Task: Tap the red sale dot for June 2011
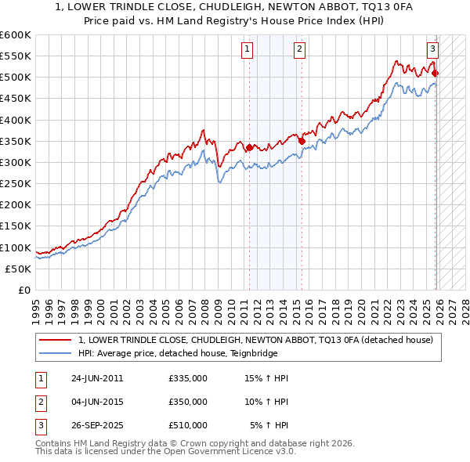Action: pos(249,147)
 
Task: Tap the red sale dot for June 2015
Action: pos(301,141)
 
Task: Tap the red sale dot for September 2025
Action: pos(436,74)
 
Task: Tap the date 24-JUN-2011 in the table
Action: pos(97,378)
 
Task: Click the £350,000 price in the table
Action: pos(188,402)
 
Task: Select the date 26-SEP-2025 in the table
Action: pos(97,425)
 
